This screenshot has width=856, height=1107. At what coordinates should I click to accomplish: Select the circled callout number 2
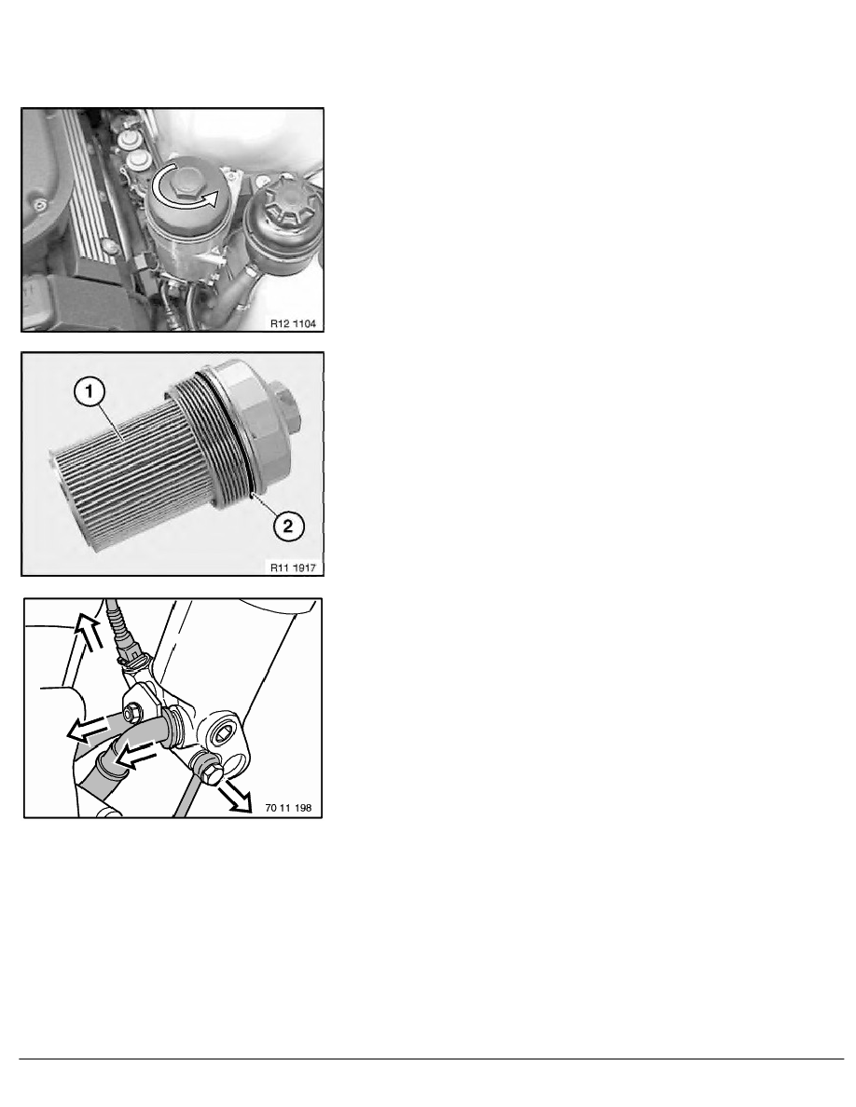pos(288,526)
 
